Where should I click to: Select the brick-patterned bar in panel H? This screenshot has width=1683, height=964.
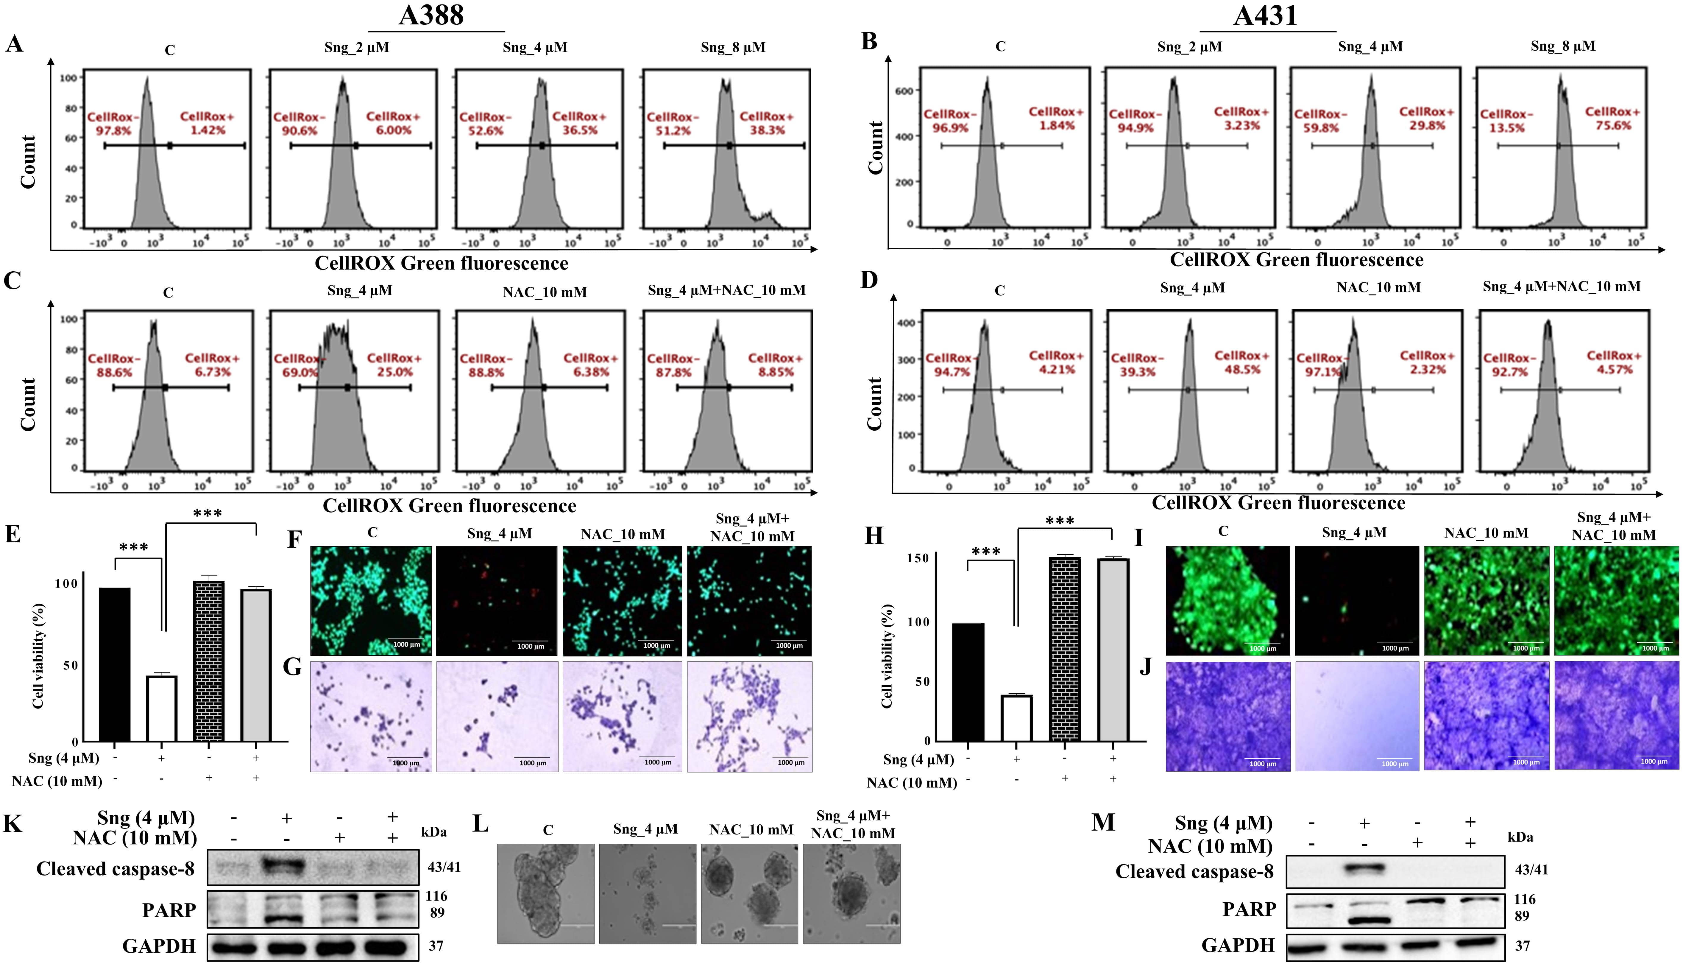pyautogui.click(x=1065, y=649)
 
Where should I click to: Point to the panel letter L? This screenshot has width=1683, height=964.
pyautogui.click(x=482, y=824)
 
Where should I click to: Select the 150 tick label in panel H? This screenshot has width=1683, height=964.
pyautogui.click(x=917, y=558)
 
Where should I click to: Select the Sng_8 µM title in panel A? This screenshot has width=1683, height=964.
pyautogui.click(x=733, y=48)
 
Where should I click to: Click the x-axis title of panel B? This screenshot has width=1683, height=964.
pyautogui.click(x=1296, y=260)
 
